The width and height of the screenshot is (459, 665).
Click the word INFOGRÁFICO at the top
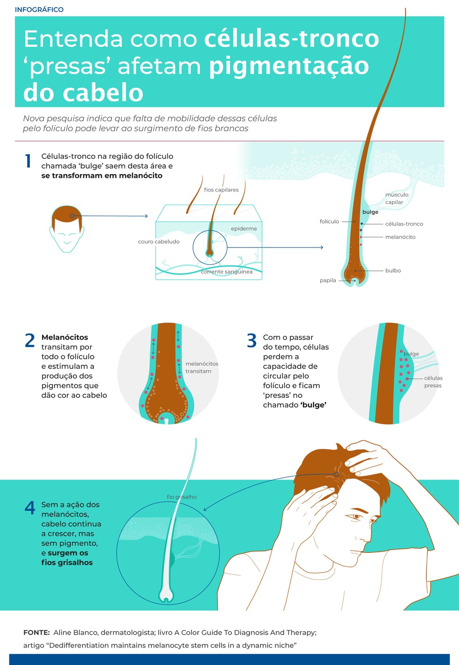(39, 9)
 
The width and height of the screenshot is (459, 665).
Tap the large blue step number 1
(28, 161)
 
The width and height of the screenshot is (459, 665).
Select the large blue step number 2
(30, 340)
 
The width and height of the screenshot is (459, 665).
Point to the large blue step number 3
(252, 340)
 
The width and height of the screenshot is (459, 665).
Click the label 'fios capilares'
(221, 190)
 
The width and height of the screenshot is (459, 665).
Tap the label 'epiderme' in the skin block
(244, 229)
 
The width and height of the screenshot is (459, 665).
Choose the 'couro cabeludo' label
(159, 241)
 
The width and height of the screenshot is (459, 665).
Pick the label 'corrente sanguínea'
(227, 272)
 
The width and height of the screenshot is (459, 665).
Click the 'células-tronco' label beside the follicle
(404, 224)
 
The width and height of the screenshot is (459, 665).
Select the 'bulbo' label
(393, 270)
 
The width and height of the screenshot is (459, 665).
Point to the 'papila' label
(328, 280)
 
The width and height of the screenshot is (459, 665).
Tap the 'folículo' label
(329, 221)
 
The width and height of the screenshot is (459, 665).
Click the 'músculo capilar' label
(397, 198)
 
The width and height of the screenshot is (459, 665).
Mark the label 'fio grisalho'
(182, 497)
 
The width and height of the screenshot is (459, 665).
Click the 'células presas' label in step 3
(433, 382)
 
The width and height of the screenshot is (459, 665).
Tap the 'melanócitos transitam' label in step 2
(202, 367)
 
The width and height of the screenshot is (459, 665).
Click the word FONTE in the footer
(36, 633)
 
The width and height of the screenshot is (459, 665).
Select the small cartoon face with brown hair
(67, 229)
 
